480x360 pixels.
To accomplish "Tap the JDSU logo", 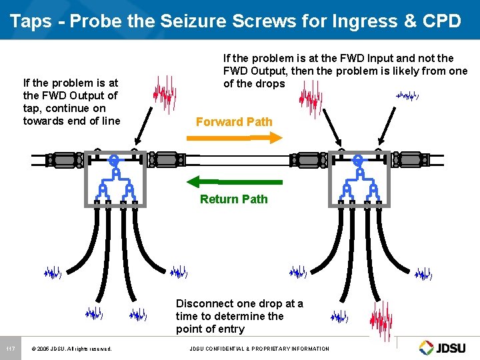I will pos(445,347).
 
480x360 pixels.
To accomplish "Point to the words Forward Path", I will pos(234,122).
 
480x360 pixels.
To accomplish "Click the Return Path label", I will pos(233,199).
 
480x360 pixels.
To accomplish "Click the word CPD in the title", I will pos(441,21).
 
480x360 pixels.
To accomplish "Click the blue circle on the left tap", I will pos(115,160).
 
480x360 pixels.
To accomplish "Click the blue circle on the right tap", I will pos(358,160).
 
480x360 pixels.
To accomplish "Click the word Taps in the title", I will pos(31,21).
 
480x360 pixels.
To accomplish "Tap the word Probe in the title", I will pos(91,21).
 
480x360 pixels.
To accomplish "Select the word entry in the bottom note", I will pos(230,329).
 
